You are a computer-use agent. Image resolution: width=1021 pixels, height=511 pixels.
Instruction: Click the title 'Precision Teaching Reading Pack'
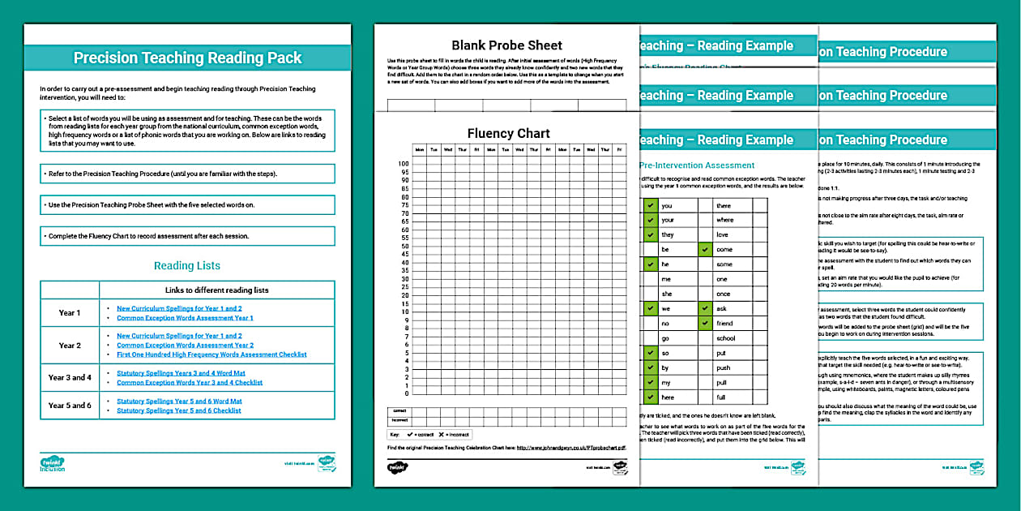click(x=187, y=58)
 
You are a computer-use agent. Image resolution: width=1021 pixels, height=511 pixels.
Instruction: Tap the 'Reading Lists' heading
click(x=187, y=265)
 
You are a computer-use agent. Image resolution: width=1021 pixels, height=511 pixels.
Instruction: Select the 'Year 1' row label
click(x=70, y=313)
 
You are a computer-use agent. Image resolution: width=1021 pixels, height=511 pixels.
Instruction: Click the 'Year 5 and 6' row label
click(x=70, y=406)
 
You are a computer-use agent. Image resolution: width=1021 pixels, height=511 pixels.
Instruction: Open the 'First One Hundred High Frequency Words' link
click(x=211, y=354)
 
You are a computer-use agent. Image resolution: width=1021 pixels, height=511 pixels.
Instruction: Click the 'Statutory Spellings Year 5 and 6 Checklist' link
click(x=179, y=410)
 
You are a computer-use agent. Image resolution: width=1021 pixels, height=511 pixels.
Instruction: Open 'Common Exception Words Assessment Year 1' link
click(x=185, y=318)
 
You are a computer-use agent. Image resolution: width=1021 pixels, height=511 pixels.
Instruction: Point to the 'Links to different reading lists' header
click(x=216, y=290)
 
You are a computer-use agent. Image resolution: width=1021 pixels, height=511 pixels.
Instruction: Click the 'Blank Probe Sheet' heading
click(x=506, y=45)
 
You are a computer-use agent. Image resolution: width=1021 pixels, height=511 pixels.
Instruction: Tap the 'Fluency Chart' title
click(x=508, y=133)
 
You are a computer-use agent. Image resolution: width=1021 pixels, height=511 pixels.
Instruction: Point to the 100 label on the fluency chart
click(x=404, y=163)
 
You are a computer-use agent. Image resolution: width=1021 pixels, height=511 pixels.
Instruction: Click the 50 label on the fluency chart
click(x=404, y=246)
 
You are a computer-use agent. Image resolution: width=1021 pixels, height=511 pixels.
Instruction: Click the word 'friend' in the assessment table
click(x=724, y=324)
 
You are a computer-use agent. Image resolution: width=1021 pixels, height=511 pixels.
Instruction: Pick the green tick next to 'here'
click(x=650, y=397)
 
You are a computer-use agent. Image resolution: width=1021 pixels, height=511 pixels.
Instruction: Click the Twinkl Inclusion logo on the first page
click(x=52, y=465)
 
